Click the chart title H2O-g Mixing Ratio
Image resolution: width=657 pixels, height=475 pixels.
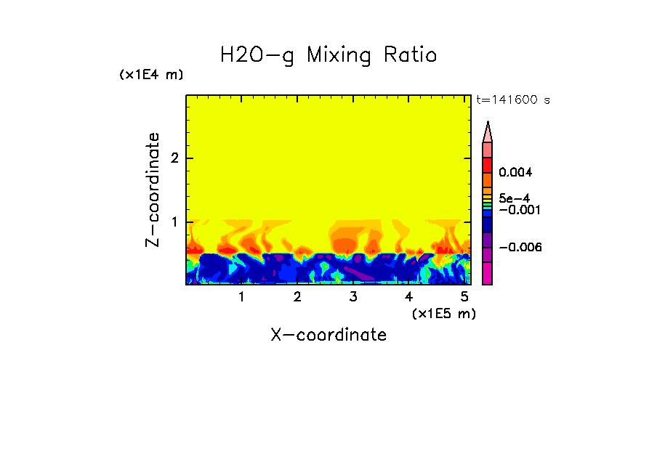(x=328, y=55)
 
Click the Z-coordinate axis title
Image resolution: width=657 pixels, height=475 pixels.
(x=153, y=190)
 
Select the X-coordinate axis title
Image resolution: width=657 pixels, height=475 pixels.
(x=328, y=335)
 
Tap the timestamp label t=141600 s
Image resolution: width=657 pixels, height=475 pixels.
(x=513, y=100)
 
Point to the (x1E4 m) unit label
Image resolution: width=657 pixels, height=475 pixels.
(x=151, y=75)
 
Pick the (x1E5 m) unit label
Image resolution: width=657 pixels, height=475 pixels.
(x=443, y=314)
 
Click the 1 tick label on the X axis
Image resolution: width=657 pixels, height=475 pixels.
(x=241, y=297)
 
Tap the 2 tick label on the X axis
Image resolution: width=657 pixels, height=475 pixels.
(x=297, y=297)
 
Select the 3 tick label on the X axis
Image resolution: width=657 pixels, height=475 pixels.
(x=353, y=297)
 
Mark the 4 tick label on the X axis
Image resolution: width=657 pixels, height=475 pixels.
(x=408, y=297)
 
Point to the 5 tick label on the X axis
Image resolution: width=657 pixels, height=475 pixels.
(x=464, y=297)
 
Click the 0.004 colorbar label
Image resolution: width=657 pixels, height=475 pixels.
(x=515, y=173)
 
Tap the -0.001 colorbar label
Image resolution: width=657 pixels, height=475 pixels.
(x=517, y=210)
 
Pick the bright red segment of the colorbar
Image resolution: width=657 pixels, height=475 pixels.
(x=488, y=164)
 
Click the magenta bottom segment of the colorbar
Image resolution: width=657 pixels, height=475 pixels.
(x=488, y=274)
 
